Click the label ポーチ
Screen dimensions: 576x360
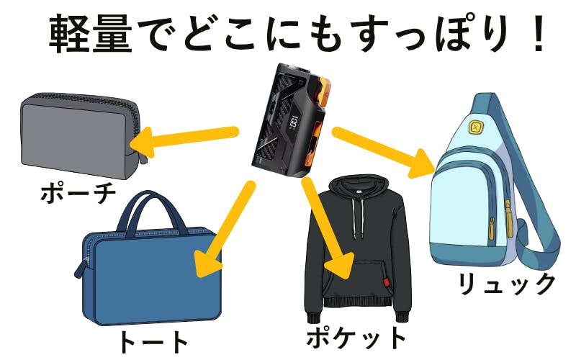pos(78,193)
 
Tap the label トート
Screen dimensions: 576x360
pos(153,343)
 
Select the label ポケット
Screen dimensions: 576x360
pos(356,337)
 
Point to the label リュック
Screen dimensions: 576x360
pos(507,284)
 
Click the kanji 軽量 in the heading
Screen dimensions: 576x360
pos(91,33)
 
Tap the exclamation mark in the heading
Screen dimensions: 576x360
pos(539,33)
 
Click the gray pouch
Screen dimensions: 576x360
pos(81,135)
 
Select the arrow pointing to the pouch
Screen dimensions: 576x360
pos(184,139)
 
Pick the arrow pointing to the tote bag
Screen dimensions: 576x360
pos(225,230)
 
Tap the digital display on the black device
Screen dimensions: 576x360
pos(293,123)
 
